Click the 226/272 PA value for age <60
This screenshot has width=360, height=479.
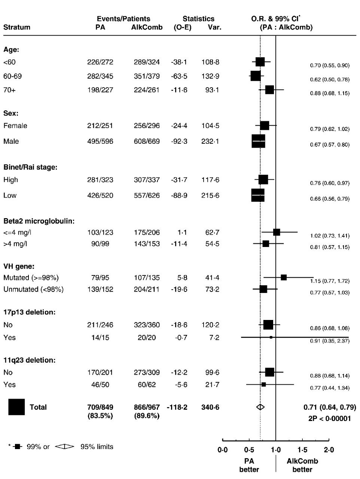pos(100,62)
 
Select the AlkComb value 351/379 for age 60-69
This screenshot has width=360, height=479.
pos(147,76)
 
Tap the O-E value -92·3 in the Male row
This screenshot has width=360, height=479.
pos(179,141)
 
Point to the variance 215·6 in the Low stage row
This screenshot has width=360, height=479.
pos(210,195)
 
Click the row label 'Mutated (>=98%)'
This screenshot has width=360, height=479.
pos(31,278)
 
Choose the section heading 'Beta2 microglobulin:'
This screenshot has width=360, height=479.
pos(39,221)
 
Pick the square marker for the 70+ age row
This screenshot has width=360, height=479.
pos(269,90)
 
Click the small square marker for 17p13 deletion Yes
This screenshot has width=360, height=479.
pos(271,338)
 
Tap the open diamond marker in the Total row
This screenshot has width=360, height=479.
pos(260,407)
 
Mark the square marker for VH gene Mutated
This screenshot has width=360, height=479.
pos(284,277)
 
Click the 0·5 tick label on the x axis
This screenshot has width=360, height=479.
pos(249,450)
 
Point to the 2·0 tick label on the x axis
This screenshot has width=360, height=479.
pos(329,450)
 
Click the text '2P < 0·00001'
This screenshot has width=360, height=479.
pos(330,419)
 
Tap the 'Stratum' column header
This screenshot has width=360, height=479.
pos(17,27)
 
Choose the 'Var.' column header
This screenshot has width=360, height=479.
pos(214,27)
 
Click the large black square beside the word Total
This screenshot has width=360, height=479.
pos(16,407)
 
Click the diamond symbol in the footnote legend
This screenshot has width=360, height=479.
pos(64,446)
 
